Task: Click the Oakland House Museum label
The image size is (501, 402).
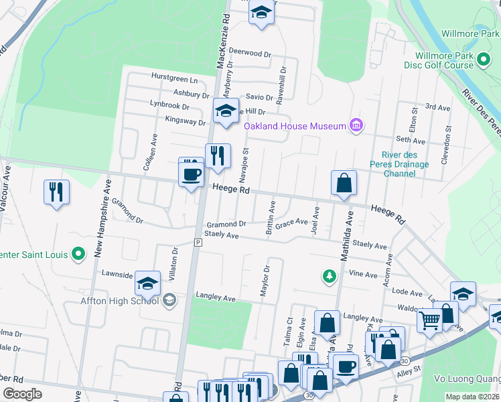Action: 294,126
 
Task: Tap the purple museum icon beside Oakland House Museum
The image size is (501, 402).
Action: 356,125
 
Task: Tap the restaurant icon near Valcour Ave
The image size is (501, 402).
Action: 56,192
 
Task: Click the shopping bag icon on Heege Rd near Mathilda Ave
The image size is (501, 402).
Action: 343,182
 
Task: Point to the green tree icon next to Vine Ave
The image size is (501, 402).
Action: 328,275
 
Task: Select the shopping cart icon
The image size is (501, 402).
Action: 429,320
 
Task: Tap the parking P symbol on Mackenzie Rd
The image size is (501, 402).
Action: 198,242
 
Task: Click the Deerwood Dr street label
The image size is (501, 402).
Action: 250,52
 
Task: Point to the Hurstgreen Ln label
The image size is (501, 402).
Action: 174,78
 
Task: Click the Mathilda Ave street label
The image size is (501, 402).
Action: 346,234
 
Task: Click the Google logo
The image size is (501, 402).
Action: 22,394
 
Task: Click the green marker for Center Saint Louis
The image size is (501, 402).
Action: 78,255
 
